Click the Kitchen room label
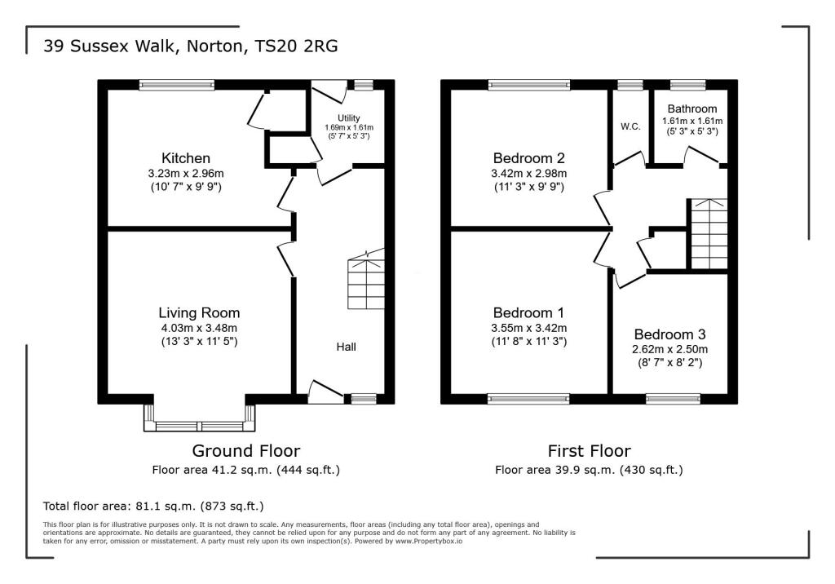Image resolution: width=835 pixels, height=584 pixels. click(x=186, y=157)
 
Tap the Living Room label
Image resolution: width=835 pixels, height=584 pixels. click(x=199, y=312)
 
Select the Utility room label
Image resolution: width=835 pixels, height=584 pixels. click(x=348, y=118)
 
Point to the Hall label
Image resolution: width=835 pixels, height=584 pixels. click(x=347, y=347)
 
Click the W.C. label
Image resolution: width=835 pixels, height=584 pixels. click(x=629, y=126)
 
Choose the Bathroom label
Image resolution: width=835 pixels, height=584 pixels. click(x=691, y=108)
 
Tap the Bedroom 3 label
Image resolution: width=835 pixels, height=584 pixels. click(x=669, y=334)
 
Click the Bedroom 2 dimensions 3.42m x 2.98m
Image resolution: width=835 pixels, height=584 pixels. click(x=529, y=173)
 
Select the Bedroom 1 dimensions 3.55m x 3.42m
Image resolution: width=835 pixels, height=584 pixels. click(x=529, y=328)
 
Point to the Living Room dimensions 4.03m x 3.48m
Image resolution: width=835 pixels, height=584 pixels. click(x=199, y=328)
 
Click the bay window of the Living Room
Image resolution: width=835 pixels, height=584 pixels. click(x=199, y=425)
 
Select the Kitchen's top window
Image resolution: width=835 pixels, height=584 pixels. click(x=176, y=84)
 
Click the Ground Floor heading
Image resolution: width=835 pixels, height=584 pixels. click(x=245, y=450)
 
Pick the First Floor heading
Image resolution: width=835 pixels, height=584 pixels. click(x=589, y=450)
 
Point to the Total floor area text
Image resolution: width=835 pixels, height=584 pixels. click(x=153, y=506)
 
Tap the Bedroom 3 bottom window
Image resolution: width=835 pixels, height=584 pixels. click(x=667, y=399)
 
